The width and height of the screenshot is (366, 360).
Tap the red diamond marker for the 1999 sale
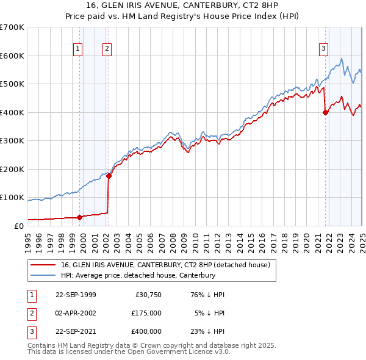pos(79,217)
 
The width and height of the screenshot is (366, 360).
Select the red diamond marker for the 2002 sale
pos(109,176)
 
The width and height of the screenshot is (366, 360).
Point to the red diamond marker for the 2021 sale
pos(326,112)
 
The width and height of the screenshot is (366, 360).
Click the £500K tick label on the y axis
pos(12,84)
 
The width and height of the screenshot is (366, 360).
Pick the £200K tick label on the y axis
pos(12,169)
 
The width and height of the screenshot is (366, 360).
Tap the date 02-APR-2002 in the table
pos(76,313)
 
